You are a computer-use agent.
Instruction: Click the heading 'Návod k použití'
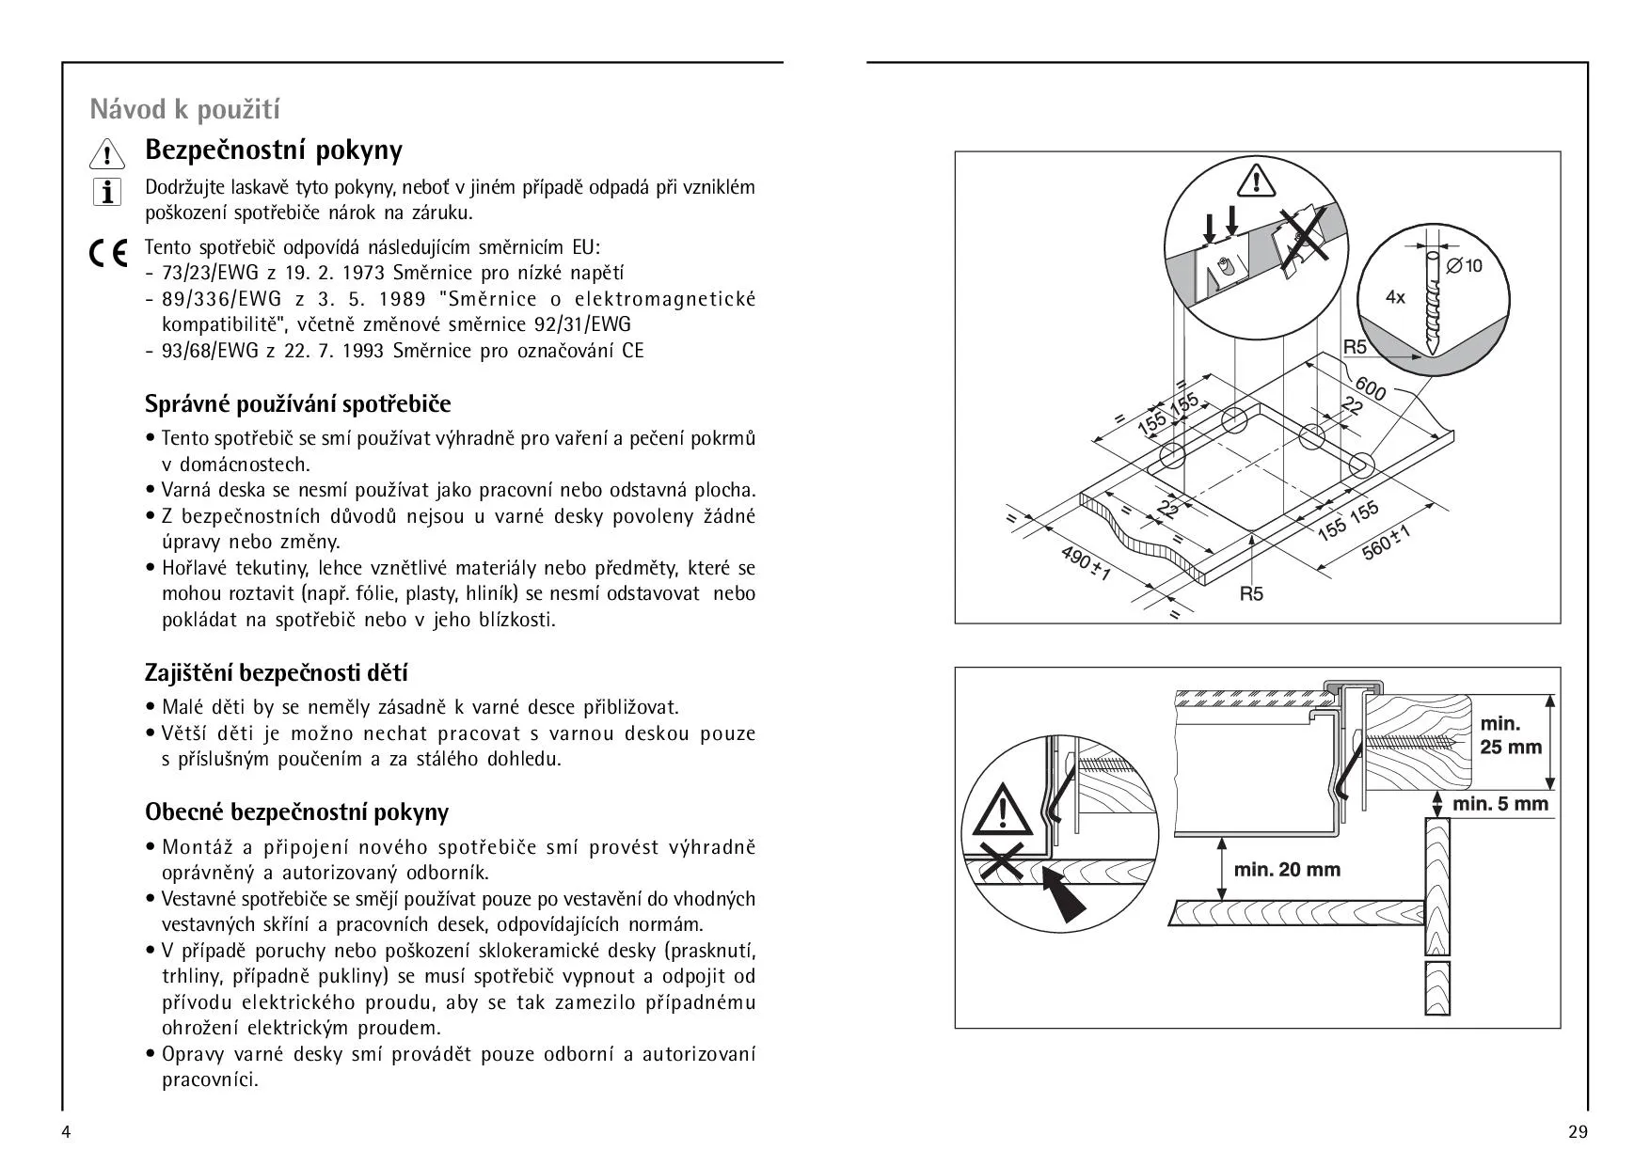tap(184, 110)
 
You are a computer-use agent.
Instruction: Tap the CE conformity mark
tap(108, 254)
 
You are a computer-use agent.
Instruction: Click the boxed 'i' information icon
tap(107, 192)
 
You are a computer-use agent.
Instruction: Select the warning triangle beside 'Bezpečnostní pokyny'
tap(107, 153)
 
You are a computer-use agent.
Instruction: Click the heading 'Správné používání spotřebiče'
tap(297, 404)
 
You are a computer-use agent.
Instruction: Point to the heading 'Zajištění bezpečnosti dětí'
tap(276, 673)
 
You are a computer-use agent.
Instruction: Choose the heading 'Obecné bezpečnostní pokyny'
tap(296, 811)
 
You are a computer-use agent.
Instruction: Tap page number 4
tap(66, 1131)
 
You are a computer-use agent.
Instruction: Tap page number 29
tap(1578, 1131)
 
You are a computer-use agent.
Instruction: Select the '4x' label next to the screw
tap(1395, 297)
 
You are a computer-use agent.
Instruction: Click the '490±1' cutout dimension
tap(1086, 562)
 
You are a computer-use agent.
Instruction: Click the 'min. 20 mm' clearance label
tap(1287, 870)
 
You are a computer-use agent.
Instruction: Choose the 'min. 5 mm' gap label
tap(1499, 804)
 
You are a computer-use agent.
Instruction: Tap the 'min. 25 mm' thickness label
tap(1511, 735)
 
